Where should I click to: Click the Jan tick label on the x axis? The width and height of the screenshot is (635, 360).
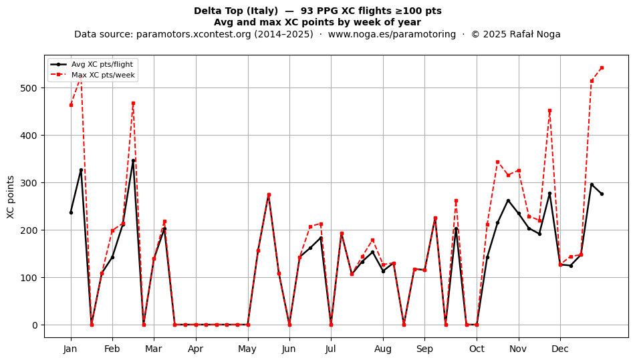[70, 349]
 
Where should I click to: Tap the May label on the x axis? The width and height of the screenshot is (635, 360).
[247, 349]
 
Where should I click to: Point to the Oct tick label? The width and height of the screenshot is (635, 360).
[477, 349]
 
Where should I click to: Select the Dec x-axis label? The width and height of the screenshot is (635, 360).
[560, 349]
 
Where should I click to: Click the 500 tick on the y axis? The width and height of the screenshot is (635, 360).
[28, 88]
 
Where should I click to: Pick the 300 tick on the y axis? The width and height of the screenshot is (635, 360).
[28, 183]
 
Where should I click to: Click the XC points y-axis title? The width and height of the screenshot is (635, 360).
[11, 197]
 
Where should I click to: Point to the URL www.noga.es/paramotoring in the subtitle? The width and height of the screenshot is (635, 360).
[392, 34]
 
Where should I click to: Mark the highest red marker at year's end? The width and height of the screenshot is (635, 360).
[602, 67]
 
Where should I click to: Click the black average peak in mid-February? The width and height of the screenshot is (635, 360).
[133, 160]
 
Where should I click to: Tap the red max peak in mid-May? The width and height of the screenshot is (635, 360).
[269, 194]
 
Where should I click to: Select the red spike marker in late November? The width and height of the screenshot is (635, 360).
[549, 110]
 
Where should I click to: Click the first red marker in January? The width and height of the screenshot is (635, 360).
[71, 105]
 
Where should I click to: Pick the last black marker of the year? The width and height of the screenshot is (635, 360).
[602, 194]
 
